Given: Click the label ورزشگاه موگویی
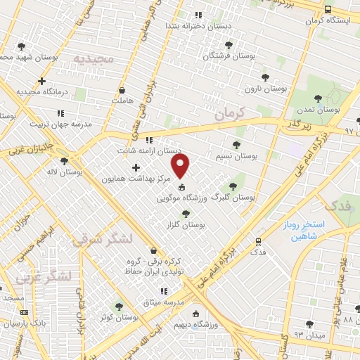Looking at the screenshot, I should click(179, 199).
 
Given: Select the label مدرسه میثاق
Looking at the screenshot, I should click(163, 302).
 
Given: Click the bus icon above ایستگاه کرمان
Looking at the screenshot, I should click(329, 9).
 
